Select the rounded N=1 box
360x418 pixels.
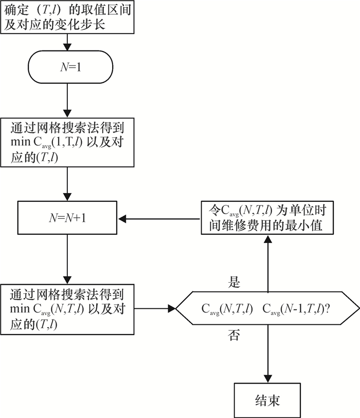click(68, 67)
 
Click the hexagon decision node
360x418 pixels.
click(267, 309)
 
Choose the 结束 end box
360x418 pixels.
click(267, 400)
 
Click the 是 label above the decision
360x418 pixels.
click(234, 283)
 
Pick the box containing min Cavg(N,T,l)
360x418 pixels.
click(68, 309)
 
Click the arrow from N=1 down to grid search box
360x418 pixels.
click(68, 100)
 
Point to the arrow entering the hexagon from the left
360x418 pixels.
click(154, 309)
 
